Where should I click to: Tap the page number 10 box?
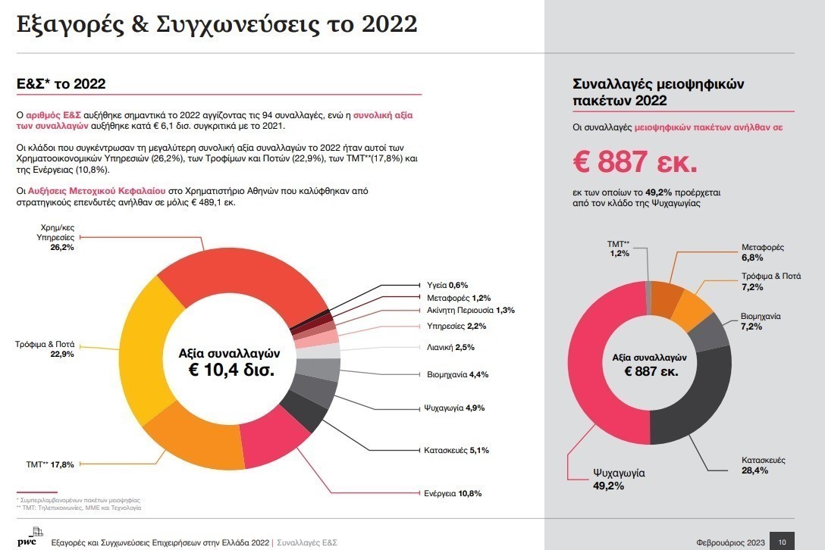[782, 541]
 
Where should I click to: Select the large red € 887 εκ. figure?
[635, 161]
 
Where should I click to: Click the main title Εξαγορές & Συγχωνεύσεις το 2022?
[217, 23]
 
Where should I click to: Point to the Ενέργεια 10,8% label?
[452, 493]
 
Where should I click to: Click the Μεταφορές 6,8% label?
[762, 252]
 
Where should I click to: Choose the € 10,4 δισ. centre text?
[231, 370]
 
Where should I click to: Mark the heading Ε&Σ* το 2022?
[61, 83]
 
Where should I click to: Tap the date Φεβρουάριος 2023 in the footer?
[729, 542]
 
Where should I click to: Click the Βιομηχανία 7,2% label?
[761, 321]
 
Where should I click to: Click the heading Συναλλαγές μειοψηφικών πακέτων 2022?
[648, 92]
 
